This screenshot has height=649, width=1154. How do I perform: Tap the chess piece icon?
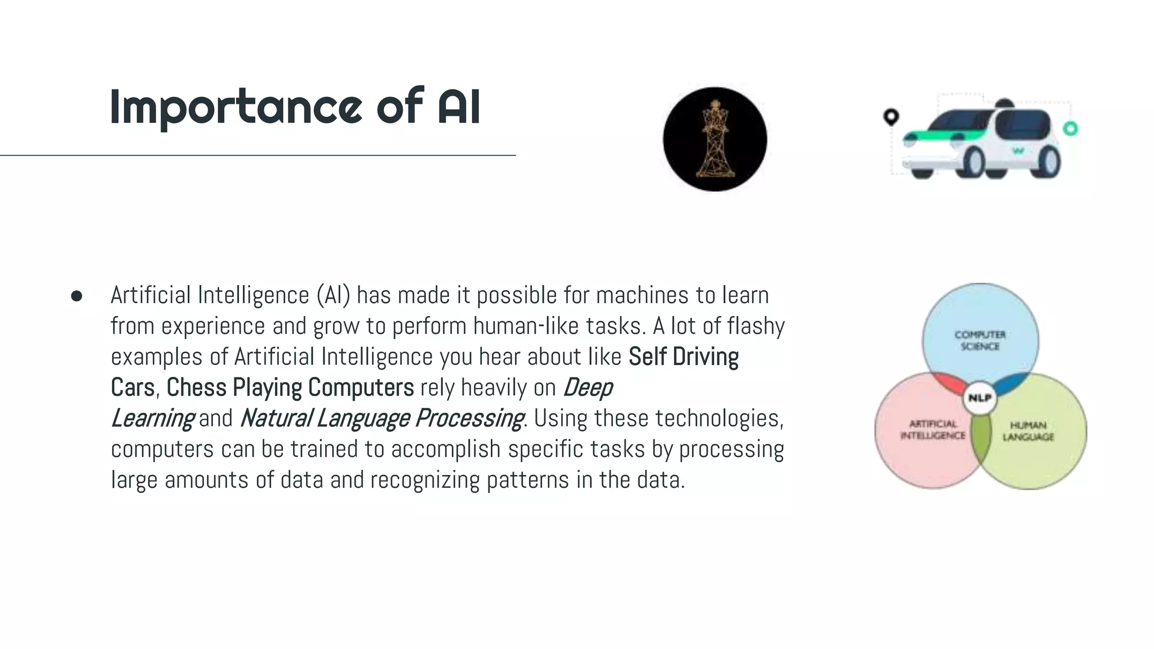click(x=714, y=140)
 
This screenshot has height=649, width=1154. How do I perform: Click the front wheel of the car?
click(x=974, y=161)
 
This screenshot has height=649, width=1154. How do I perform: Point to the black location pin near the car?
click(x=890, y=117)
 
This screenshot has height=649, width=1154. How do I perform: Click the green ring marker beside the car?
click(x=1070, y=128)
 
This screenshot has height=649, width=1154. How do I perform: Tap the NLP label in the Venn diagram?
click(x=980, y=398)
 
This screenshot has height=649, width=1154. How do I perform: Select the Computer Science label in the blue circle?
click(x=980, y=340)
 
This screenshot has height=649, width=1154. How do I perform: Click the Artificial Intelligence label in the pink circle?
click(x=933, y=430)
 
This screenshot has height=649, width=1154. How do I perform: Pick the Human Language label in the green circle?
click(x=1028, y=431)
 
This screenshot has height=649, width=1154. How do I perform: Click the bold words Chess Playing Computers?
click(x=290, y=388)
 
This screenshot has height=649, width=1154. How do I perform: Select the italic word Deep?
click(x=588, y=388)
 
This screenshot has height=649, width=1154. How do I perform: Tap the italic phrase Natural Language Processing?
click(x=382, y=419)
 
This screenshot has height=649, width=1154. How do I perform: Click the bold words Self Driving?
click(x=683, y=357)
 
